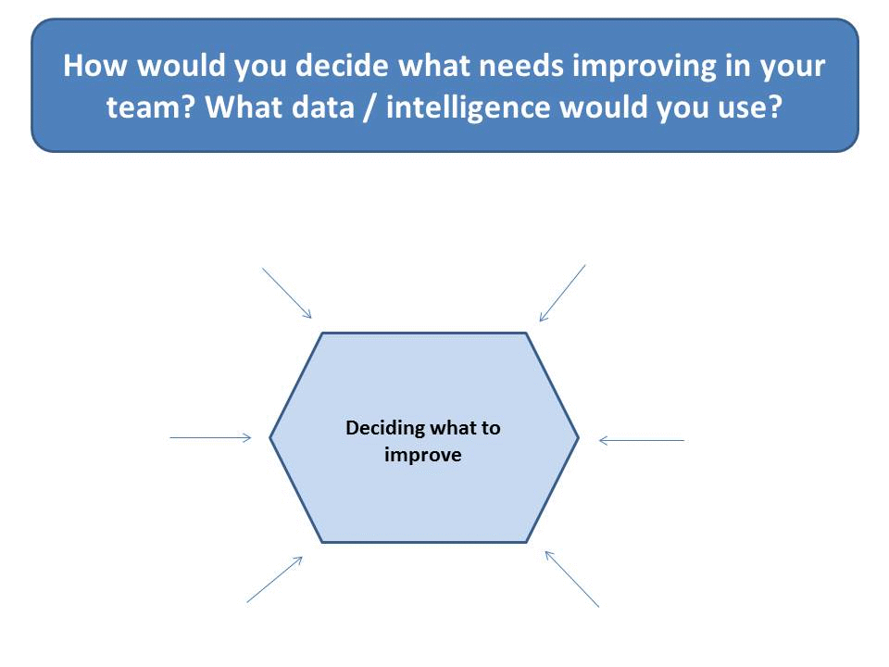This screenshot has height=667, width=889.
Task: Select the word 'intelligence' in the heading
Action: point(468,108)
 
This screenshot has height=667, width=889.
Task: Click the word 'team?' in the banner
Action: point(150,107)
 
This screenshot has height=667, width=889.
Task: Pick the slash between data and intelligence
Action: point(370,107)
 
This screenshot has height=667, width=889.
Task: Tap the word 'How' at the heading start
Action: point(94,66)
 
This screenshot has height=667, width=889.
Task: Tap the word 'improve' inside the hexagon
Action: point(423,456)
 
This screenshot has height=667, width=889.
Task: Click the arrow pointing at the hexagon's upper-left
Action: point(287,294)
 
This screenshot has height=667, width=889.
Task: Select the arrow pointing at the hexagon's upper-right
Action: point(562,294)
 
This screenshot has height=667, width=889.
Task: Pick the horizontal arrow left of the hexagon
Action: point(210,437)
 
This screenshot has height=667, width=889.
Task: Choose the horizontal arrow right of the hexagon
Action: point(642,440)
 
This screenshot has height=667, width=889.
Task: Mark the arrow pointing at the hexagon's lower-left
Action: point(274,579)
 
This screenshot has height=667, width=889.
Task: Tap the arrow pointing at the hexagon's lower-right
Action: point(572,579)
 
